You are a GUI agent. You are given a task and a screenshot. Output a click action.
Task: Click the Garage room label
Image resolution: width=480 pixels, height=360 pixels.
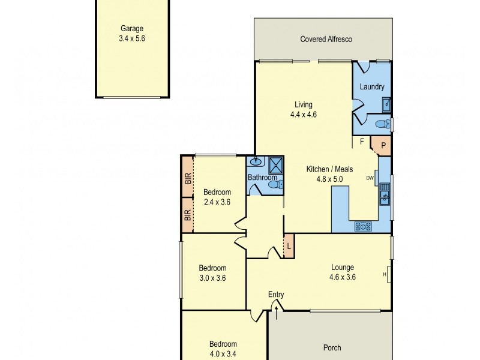pyautogui.click(x=132, y=28)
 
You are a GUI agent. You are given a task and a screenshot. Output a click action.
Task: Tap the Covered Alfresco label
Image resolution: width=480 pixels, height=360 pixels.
pyautogui.click(x=326, y=39)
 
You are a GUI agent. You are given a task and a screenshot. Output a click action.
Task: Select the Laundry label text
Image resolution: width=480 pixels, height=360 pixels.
pyautogui.click(x=371, y=87)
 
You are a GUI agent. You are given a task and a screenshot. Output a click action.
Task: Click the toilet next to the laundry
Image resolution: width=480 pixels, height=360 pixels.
pyautogui.click(x=380, y=124)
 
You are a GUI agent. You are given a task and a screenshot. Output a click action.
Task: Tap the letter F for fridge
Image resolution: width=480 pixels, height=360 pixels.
pyautogui.click(x=362, y=142)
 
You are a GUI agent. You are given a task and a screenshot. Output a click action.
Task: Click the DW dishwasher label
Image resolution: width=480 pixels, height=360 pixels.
pyautogui.click(x=370, y=178)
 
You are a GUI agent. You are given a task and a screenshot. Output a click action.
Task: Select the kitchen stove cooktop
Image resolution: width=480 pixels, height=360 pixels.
pyautogui.click(x=363, y=226)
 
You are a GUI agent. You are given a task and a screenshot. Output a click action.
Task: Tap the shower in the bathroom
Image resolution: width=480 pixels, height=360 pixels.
pyautogui.click(x=275, y=164)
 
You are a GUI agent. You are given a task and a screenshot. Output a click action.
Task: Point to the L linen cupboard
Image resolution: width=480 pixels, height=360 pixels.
pyautogui.click(x=289, y=247)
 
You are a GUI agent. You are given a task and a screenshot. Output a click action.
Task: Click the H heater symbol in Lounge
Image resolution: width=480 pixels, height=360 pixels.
pyautogui.click(x=385, y=275)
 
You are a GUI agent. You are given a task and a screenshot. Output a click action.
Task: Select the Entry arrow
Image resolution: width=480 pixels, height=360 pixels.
pyautogui.click(x=276, y=307)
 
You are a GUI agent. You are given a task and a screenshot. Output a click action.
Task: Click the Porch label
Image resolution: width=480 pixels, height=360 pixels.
pyautogui.click(x=332, y=347)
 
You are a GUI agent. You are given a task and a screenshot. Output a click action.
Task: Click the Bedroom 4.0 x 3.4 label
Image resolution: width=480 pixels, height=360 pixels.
pyautogui.click(x=223, y=344)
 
